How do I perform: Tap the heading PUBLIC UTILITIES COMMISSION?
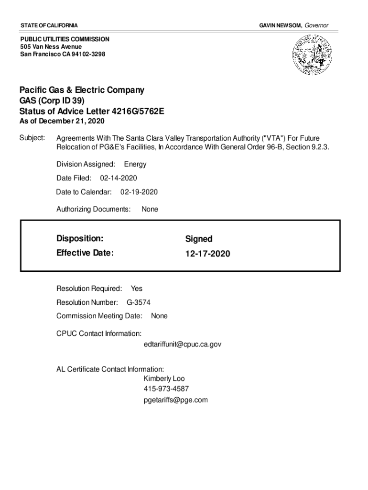point(65,39)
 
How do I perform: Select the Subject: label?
point(32,138)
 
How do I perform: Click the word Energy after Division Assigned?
point(135,164)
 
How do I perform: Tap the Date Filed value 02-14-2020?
point(119,178)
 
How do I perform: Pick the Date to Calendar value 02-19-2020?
point(139,192)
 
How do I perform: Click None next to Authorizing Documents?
point(150,209)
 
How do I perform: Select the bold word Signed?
point(199,239)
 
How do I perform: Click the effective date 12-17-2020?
point(208,254)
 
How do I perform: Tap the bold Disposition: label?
point(79,238)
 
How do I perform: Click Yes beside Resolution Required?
point(137,289)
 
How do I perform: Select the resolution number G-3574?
point(140,302)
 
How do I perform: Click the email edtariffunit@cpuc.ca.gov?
point(182,344)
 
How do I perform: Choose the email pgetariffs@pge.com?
point(175,400)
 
